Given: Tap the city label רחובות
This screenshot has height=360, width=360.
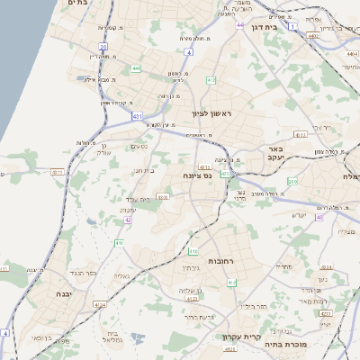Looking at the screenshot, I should point(221,260).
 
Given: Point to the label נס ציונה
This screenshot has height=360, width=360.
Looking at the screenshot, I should point(197,175).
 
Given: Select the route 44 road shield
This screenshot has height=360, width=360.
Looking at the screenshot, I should point(240,25).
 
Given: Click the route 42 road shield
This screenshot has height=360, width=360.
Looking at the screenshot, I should point(129,220).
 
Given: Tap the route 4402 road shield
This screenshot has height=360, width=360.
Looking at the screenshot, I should point(312,36).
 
